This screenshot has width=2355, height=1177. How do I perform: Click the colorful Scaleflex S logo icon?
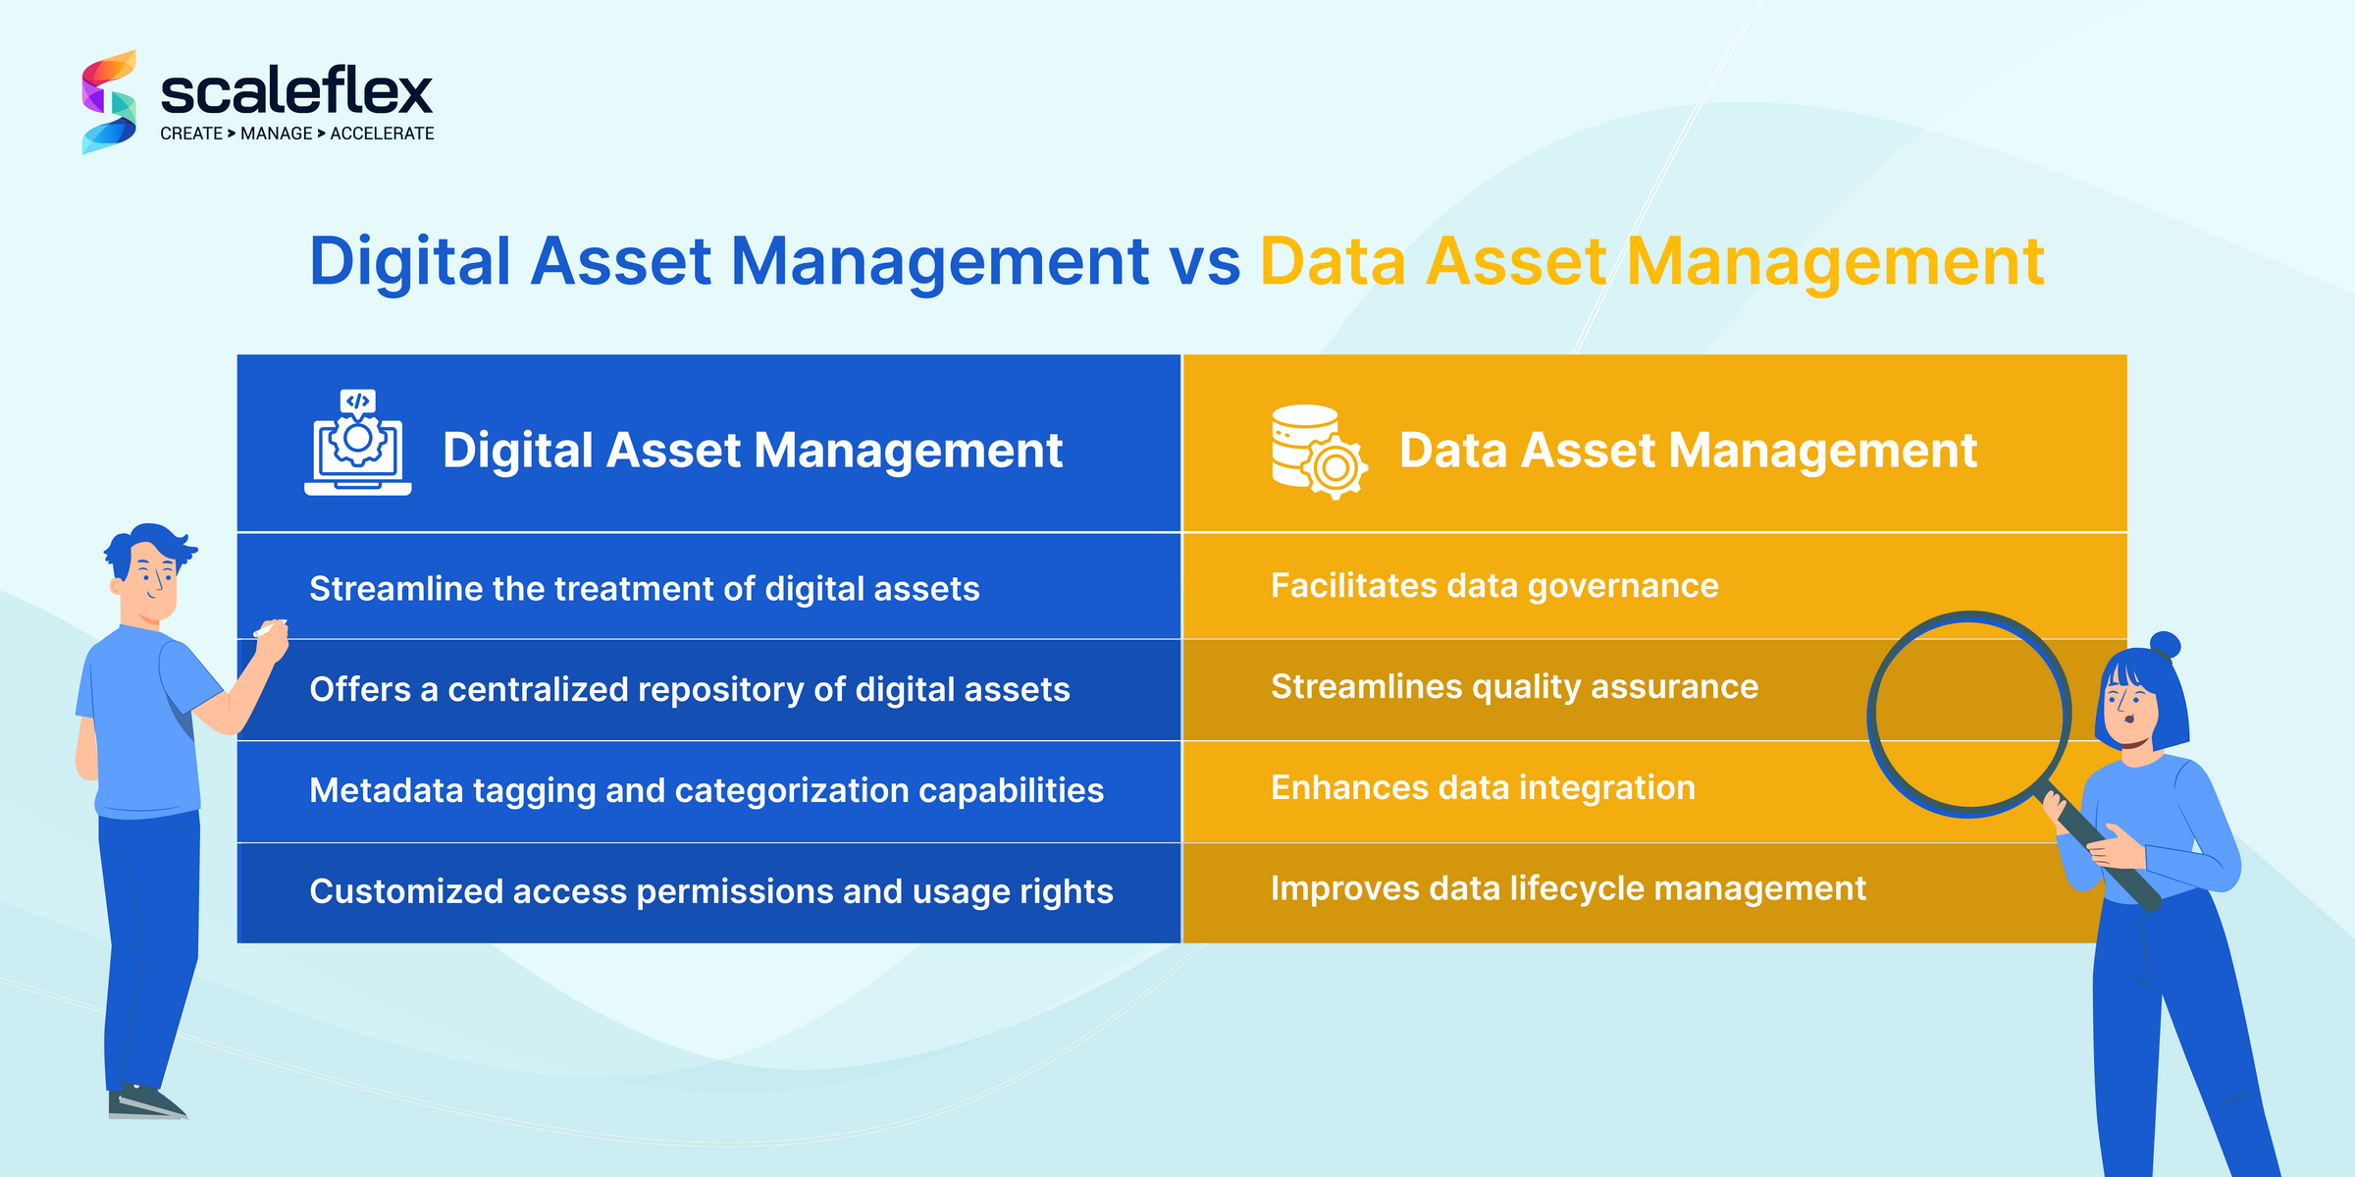[109, 102]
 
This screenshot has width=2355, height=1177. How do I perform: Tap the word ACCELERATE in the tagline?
[382, 134]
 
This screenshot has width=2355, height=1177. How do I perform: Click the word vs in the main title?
[1204, 262]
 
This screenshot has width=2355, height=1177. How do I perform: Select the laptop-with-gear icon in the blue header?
[358, 444]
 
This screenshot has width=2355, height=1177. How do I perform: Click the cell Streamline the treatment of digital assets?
[645, 589]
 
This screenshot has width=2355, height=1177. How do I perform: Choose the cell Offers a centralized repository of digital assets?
[689, 690]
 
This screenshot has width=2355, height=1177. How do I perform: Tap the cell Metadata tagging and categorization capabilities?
[706, 791]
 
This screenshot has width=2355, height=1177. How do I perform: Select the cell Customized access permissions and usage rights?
[711, 892]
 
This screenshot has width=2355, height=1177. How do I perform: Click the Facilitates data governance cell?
[1494, 586]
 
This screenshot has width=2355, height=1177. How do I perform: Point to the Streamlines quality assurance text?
[1514, 687]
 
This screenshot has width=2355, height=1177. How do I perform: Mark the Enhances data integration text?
[1483, 788]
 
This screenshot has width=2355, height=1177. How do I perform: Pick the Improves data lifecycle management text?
[1568, 889]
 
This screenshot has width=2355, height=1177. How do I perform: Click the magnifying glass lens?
[1969, 714]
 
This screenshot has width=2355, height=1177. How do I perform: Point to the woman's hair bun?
[2164, 645]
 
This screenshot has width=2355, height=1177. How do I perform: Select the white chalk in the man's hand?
[269, 628]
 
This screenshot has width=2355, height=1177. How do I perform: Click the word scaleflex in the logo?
[295, 92]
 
